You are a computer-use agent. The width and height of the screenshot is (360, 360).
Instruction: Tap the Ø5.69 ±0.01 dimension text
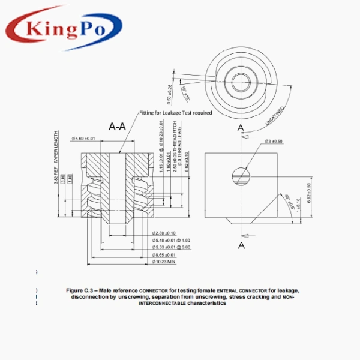83,139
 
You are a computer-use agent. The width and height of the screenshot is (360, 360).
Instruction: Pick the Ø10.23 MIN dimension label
163,262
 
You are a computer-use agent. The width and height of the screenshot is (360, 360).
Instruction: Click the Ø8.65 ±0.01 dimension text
163,254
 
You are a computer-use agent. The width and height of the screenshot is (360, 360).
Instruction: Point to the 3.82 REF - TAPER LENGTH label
56,156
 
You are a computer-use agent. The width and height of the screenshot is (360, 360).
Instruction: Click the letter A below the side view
241,245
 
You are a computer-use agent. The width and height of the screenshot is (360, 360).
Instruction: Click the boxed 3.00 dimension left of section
62,178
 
